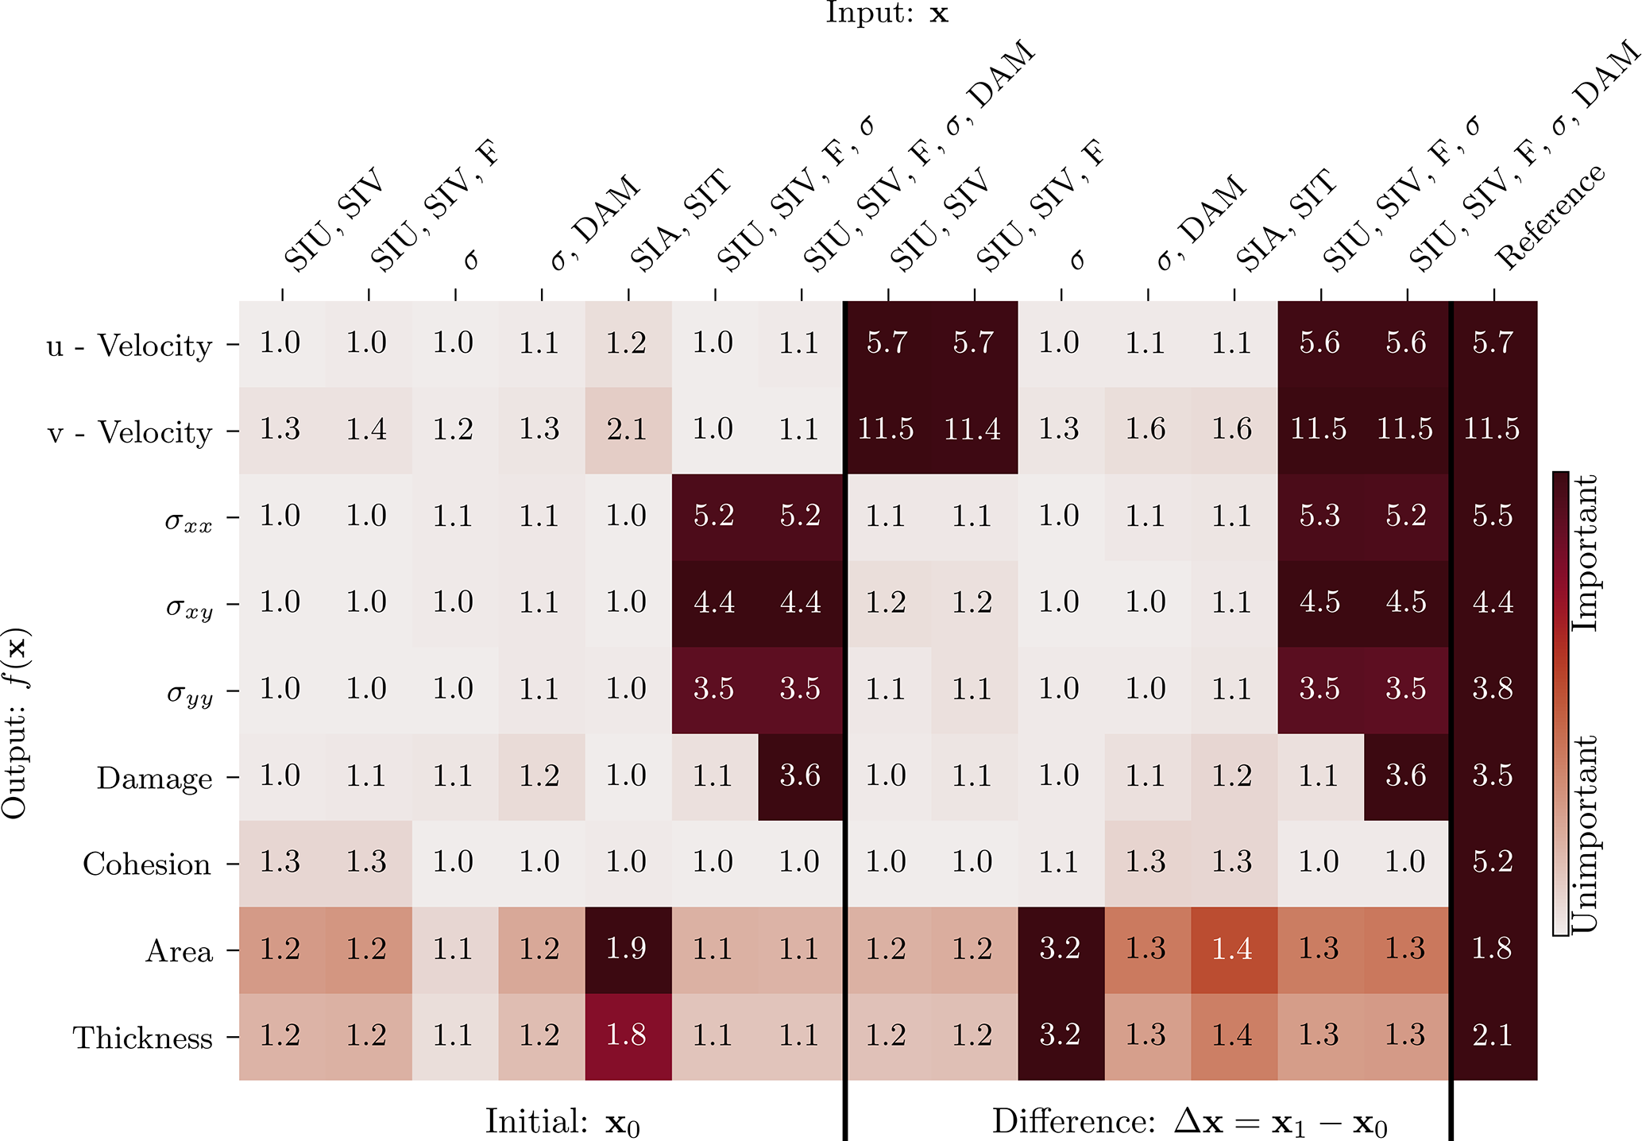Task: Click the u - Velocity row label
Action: [x=129, y=346]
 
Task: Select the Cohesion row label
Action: [x=147, y=864]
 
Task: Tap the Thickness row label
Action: [x=143, y=1038]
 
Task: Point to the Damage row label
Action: [x=154, y=778]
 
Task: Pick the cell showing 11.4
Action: [x=973, y=430]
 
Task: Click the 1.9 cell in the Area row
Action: [x=627, y=949]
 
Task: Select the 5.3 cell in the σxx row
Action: [x=1319, y=516]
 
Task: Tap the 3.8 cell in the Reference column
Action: [x=1493, y=689]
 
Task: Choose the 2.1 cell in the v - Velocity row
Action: [x=627, y=430]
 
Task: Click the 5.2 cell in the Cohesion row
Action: [x=1493, y=862]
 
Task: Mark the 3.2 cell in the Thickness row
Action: [x=1060, y=1035]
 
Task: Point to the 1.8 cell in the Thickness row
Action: [x=627, y=1035]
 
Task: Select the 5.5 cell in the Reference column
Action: [x=1493, y=516]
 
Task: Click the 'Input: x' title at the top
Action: [x=887, y=14]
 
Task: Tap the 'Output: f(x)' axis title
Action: [x=16, y=723]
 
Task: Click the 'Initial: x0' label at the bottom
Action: [x=562, y=1122]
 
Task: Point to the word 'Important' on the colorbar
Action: [x=1586, y=553]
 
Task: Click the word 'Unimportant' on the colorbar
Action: [x=1586, y=834]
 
